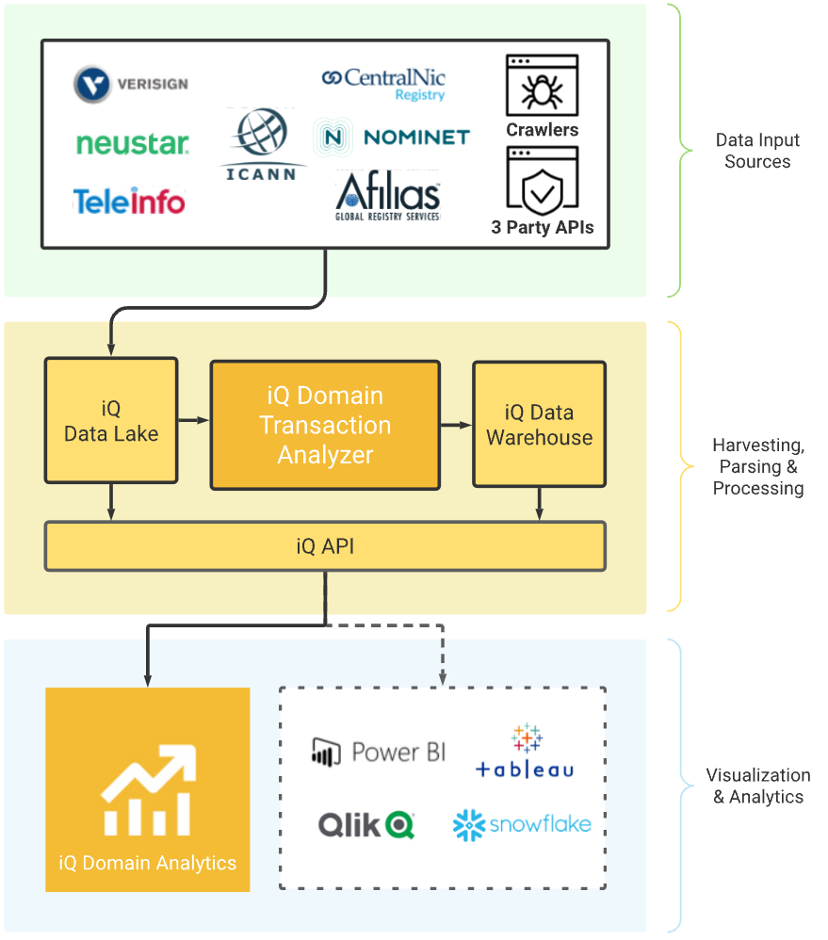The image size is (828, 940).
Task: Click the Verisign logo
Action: (x=131, y=84)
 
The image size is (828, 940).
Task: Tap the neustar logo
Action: (x=132, y=143)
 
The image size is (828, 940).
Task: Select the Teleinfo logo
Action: (x=129, y=201)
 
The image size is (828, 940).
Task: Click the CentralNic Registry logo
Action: (x=383, y=83)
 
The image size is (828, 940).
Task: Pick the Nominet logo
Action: (x=392, y=138)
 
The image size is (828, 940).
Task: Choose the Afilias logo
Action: (x=387, y=195)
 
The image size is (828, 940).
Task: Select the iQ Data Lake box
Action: (x=111, y=421)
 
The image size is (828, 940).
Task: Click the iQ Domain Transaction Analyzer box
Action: (x=325, y=425)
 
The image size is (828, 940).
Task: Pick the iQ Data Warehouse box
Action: (x=539, y=425)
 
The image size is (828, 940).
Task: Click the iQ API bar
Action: (x=325, y=546)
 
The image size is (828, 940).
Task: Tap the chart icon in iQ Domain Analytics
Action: (x=147, y=789)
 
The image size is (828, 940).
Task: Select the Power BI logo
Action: (x=379, y=752)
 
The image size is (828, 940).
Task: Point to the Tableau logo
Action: (x=525, y=752)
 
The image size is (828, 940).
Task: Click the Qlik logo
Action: (x=366, y=825)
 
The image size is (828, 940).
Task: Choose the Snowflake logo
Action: (x=522, y=825)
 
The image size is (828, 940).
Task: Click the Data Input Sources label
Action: (x=757, y=151)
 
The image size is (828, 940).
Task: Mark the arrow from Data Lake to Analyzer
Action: (x=193, y=421)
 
